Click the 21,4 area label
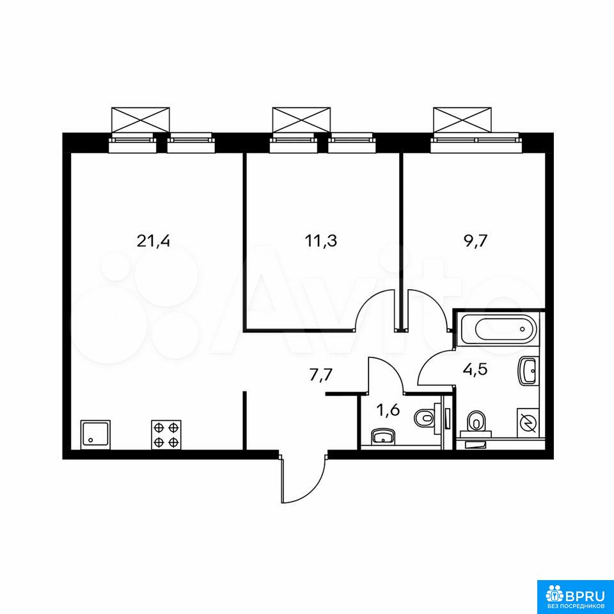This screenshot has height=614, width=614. (153, 241)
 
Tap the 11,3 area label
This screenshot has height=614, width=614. (320, 241)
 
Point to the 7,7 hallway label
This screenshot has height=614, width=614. (320, 375)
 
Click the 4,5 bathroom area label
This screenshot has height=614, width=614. (475, 369)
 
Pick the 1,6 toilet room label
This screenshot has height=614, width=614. (388, 411)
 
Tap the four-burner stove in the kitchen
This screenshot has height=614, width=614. (166, 434)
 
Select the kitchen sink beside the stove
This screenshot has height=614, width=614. (95, 434)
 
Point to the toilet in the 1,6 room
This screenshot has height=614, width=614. (427, 418)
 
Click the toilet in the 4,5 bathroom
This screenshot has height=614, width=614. (475, 423)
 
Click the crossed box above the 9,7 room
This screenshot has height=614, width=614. (461, 119)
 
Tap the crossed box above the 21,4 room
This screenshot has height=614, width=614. (141, 119)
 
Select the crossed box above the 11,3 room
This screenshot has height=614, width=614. (301, 119)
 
